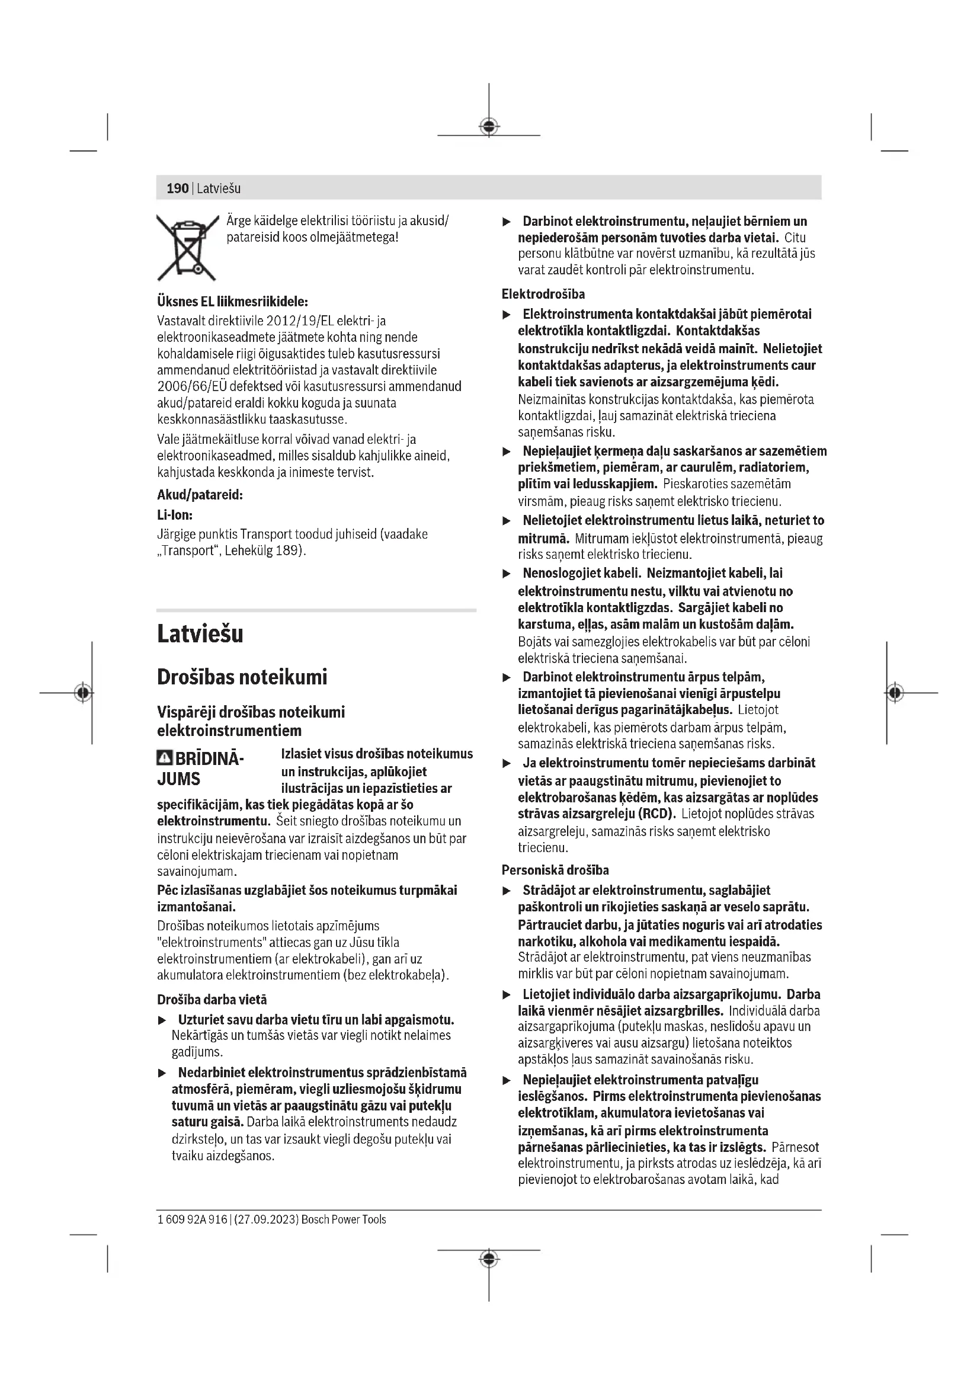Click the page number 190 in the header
coord(177,188)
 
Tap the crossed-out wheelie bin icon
coord(187,248)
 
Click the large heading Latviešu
coord(200,635)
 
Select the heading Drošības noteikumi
coord(241,677)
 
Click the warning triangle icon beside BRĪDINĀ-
coord(164,758)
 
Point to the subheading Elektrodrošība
coord(543,294)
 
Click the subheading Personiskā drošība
coord(555,870)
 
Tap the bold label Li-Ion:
coord(174,514)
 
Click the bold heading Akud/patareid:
coord(200,495)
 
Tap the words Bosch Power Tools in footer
coord(344,1219)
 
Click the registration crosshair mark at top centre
coord(489,126)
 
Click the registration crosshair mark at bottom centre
coord(489,1259)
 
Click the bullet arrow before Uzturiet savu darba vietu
coord(161,1021)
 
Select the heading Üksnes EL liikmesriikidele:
coord(232,300)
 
